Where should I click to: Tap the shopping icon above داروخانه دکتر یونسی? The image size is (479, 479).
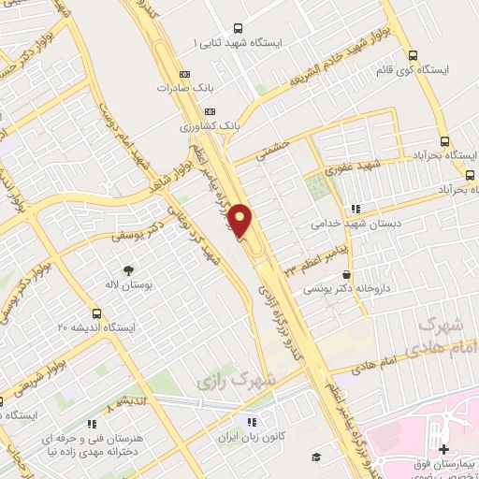coord(347,275)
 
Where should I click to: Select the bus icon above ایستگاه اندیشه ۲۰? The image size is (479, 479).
coord(97,312)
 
